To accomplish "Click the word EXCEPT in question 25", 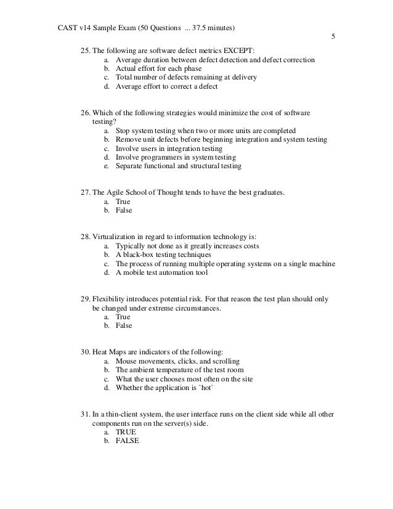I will point(229,51).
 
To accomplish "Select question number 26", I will point(86,114).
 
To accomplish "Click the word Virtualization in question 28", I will point(118,237).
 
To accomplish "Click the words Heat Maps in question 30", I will point(111,352).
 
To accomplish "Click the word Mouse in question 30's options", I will point(125,361).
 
